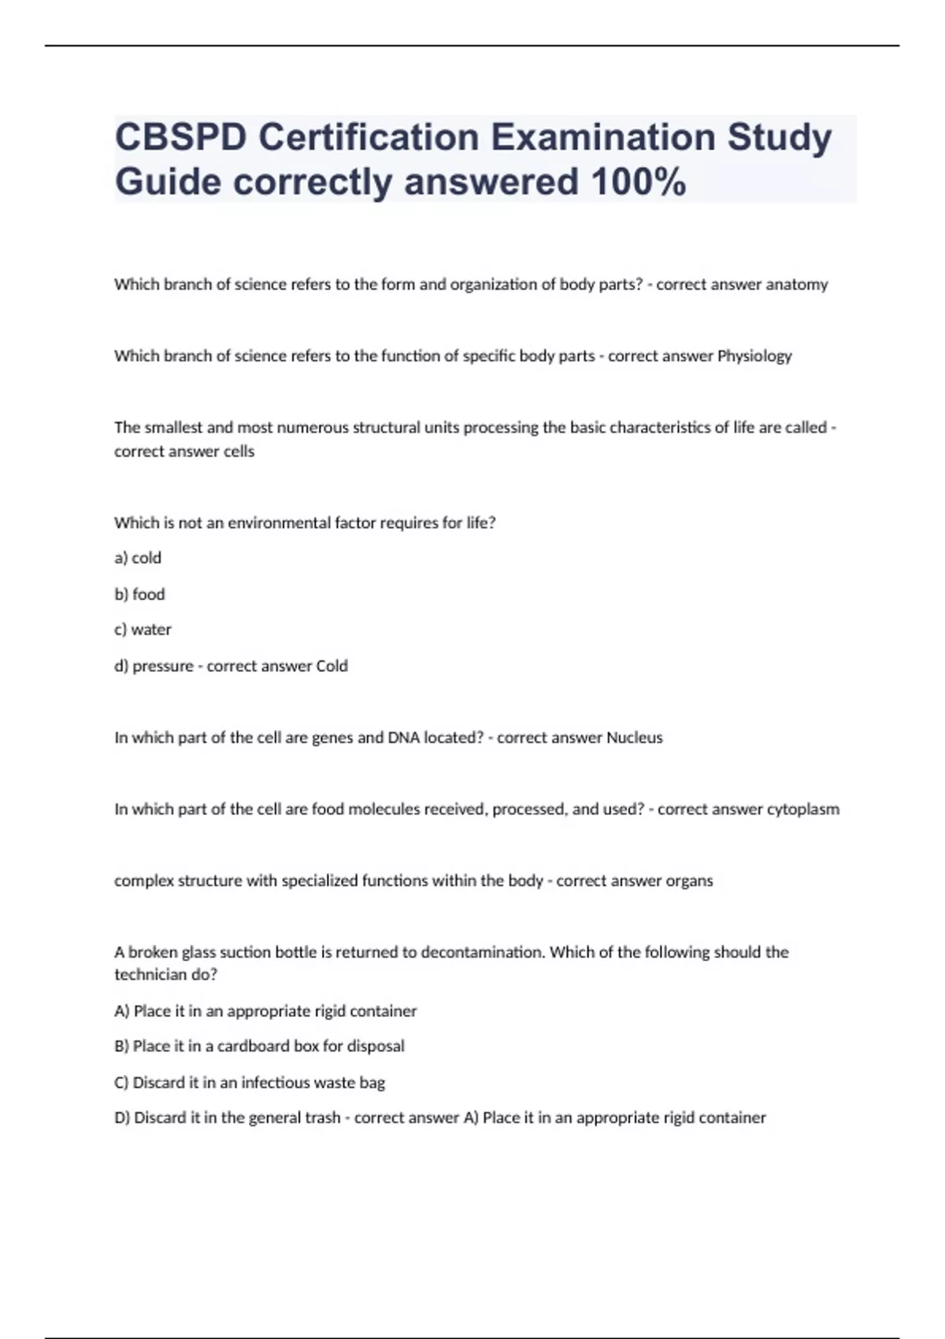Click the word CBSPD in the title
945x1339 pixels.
pos(180,138)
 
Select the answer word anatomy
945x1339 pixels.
pos(796,284)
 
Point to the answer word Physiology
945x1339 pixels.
pos(754,356)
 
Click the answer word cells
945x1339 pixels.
pos(239,451)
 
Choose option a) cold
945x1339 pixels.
pos(138,558)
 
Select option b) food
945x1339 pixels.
pos(139,594)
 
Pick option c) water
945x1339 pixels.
pos(143,629)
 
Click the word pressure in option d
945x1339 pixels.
pos(162,666)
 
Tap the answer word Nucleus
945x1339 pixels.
pos(634,738)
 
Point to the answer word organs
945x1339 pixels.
pos(689,881)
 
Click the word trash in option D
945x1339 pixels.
pos(321,1118)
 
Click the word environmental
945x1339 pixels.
pos(279,523)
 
